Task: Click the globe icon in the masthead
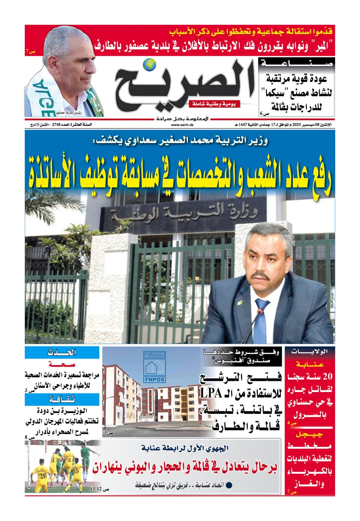coord(151,65)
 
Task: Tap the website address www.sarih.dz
coord(180,125)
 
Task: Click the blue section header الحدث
coord(62,352)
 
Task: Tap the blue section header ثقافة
coord(62,399)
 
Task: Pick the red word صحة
coord(62,364)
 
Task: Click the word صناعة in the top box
coord(297,64)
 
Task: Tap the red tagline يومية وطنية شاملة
coord(214,104)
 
